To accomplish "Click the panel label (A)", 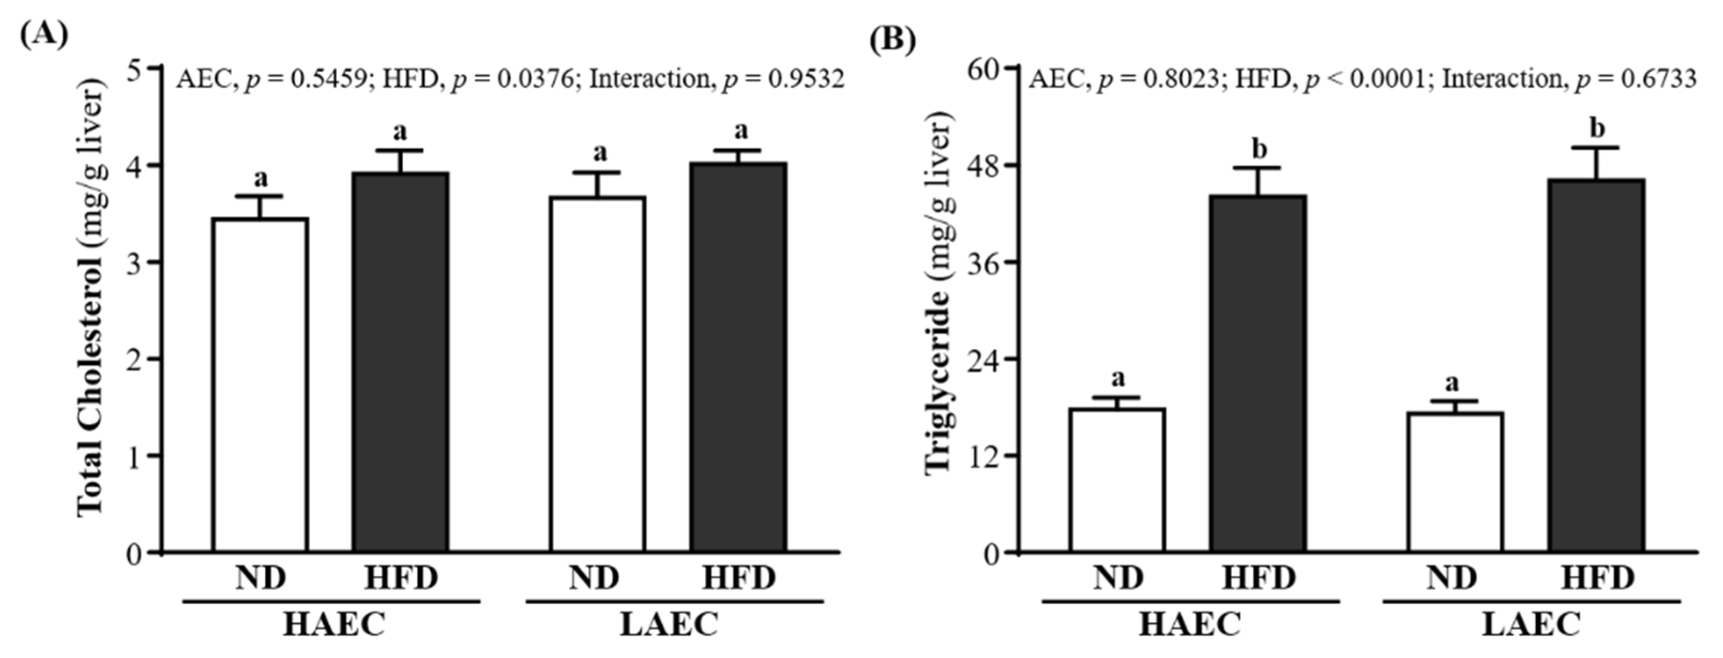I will tap(44, 32).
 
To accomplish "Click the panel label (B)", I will tap(892, 40).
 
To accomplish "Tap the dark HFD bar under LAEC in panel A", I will tap(739, 358).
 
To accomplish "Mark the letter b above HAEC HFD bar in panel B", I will tap(1259, 149).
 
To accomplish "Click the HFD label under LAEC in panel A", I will tap(739, 578).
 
